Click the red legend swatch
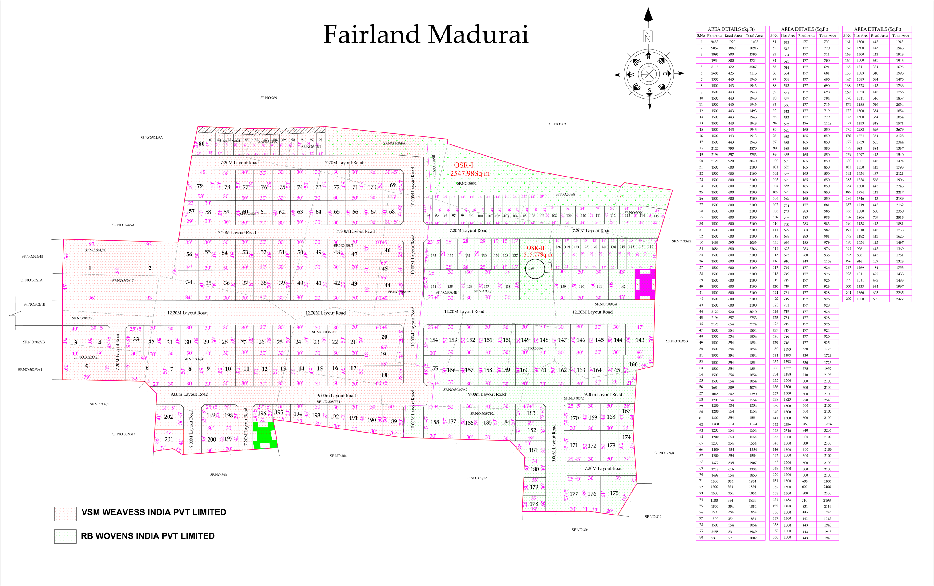pyautogui.click(x=65, y=514)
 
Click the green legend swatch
pyautogui.click(x=65, y=536)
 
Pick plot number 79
pyautogui.click(x=200, y=186)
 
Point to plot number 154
pyautogui.click(x=434, y=340)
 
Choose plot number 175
pyautogui.click(x=614, y=493)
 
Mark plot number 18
pyautogui.click(x=384, y=375)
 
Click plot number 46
pyautogui.click(x=387, y=250)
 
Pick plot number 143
pyautogui.click(x=640, y=340)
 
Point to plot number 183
pyautogui.click(x=531, y=413)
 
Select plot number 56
pyautogui.click(x=189, y=254)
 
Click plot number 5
pyautogui.click(x=87, y=366)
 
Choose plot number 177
pyautogui.click(x=574, y=494)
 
